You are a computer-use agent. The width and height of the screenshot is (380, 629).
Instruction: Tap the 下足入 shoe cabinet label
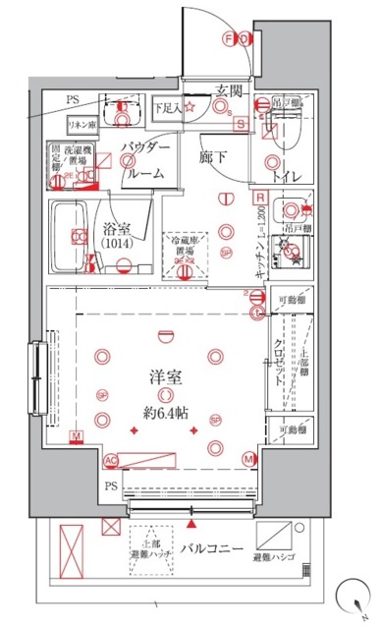coord(173,106)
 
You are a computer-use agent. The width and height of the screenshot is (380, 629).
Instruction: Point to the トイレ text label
coord(286,177)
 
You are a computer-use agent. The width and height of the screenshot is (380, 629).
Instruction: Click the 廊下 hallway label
coord(212,156)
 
